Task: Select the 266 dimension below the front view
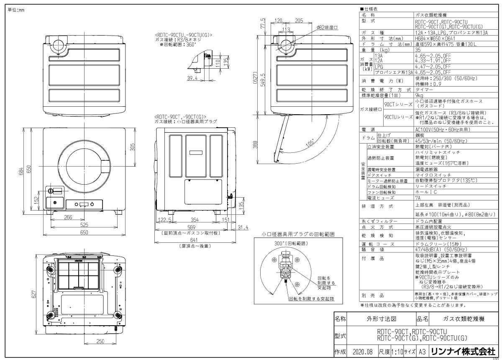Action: point(68,217)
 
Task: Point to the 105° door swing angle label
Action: point(310,143)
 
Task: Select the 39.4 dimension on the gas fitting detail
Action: point(192,78)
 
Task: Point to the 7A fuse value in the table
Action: point(418,197)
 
